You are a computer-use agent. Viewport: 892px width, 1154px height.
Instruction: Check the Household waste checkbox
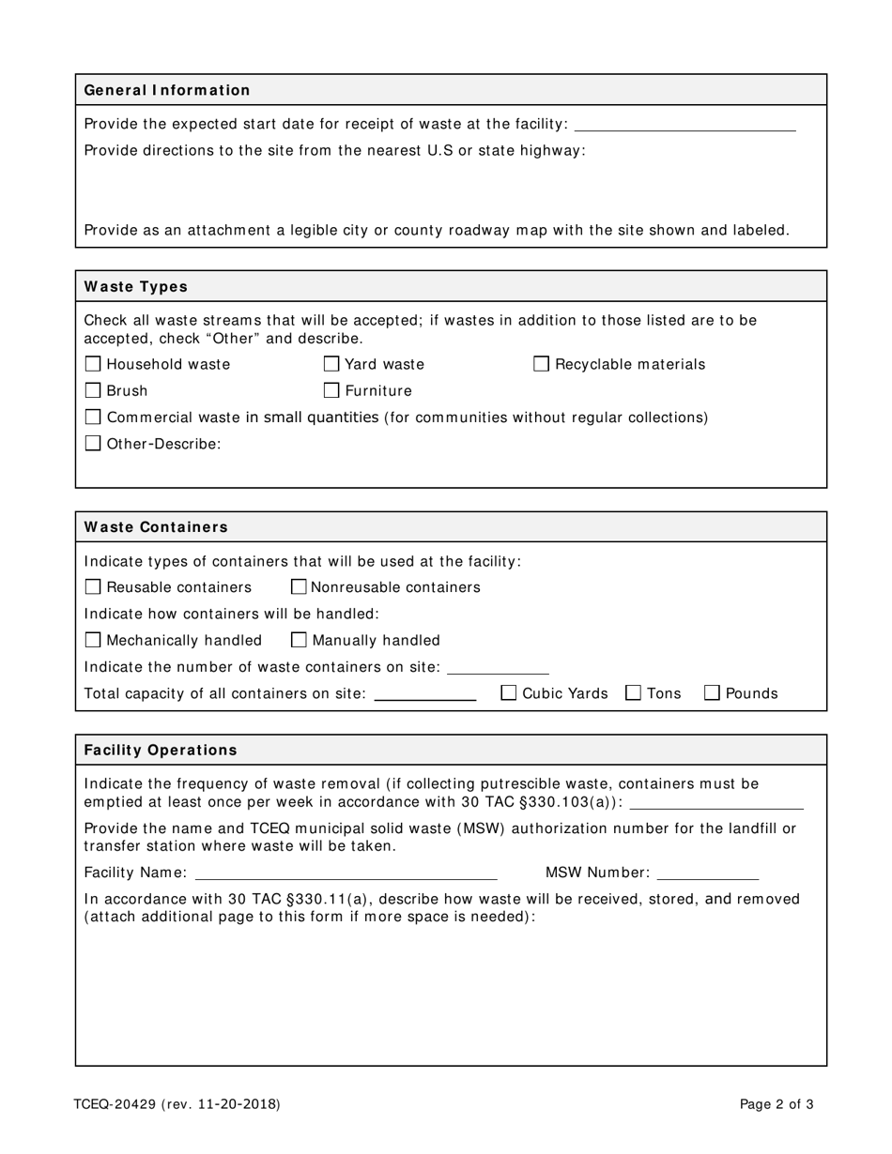pos(92,364)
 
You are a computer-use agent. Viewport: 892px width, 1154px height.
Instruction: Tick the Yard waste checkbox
pos(331,364)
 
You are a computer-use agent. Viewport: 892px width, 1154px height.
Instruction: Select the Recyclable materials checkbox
pos(541,364)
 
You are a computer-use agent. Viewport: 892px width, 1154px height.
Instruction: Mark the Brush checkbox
pos(92,390)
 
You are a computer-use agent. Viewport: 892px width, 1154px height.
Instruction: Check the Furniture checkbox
pos(331,390)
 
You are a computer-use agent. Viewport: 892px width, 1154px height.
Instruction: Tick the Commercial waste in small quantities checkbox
pos(92,417)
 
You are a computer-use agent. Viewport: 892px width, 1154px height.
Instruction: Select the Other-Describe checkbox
pos(92,444)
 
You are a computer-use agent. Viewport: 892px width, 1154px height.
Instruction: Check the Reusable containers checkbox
pos(92,587)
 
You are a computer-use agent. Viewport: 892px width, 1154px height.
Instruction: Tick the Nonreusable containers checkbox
pos(299,587)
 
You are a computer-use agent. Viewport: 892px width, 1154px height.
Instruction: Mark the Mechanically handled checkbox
pos(92,640)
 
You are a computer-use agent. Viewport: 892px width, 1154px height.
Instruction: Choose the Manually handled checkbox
pos(299,640)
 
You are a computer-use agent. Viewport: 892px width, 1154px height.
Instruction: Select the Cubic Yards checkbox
pos(508,693)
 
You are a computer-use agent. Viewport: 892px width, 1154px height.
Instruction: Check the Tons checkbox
pos(633,693)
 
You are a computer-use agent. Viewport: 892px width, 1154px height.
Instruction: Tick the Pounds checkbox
pos(712,693)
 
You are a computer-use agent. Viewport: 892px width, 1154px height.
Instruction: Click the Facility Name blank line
pos(345,873)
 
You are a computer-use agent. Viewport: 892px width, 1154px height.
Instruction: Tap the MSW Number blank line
pos(707,873)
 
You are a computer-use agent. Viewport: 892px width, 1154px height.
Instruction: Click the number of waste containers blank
pos(498,667)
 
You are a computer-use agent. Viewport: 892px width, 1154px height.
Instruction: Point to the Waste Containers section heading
pos(156,527)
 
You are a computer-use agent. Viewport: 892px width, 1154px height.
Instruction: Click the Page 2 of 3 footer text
pos(777,1104)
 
